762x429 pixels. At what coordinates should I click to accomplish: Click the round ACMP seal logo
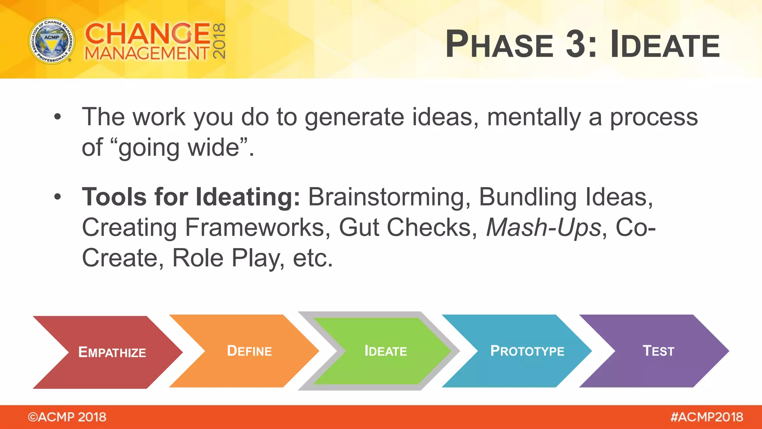tap(52, 41)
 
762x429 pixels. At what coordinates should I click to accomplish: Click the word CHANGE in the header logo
tap(148, 34)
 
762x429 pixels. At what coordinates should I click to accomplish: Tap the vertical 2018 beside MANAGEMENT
tap(219, 41)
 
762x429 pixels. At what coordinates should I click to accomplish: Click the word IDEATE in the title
tap(665, 44)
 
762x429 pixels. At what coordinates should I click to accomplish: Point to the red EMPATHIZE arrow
tap(108, 352)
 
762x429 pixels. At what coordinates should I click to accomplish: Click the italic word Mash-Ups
tap(544, 227)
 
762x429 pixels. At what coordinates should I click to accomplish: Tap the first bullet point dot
tap(57, 117)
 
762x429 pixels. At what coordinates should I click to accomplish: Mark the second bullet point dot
tap(57, 197)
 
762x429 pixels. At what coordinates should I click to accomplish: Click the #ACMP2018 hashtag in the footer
tap(707, 417)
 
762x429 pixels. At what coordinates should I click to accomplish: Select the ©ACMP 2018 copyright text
tap(67, 417)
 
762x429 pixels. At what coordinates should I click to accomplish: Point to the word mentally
tap(534, 117)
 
